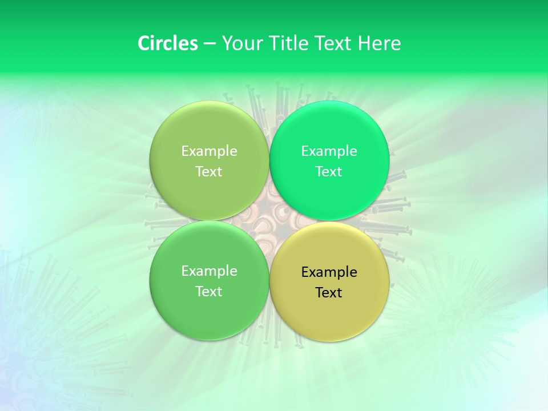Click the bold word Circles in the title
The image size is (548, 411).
(168, 43)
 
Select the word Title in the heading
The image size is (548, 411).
(289, 43)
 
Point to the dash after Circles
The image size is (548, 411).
(209, 44)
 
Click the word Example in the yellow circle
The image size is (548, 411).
(329, 272)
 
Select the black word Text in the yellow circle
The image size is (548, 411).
(329, 293)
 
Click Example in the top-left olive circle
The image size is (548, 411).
(209, 151)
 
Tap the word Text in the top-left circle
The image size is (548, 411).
(209, 172)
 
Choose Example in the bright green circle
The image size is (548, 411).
(329, 151)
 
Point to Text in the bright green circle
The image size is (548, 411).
(329, 172)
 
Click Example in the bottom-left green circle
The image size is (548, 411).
(209, 271)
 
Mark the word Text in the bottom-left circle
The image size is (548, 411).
(209, 292)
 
